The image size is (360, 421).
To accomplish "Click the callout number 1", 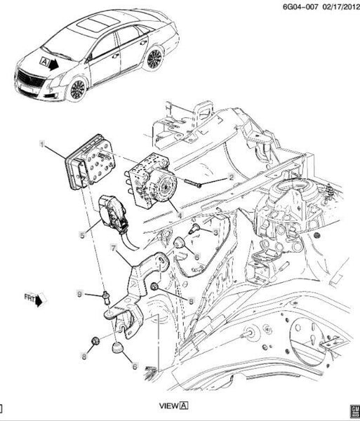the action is click(x=41, y=145).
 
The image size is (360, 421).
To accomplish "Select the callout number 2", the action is click(x=231, y=177).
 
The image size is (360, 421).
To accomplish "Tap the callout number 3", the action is click(x=215, y=232).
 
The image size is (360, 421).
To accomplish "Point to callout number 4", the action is click(x=180, y=215).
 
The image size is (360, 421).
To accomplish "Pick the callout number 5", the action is click(x=82, y=236).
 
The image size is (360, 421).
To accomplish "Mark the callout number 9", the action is click(x=79, y=294).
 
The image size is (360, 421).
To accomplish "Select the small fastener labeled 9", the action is click(x=106, y=298).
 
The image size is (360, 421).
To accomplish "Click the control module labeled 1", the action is click(x=90, y=161).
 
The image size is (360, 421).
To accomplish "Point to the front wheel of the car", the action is click(x=77, y=90).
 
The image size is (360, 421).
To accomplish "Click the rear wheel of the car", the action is click(x=154, y=59).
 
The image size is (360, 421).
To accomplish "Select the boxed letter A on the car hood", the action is click(x=44, y=62).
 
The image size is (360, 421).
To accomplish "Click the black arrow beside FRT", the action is click(x=39, y=300).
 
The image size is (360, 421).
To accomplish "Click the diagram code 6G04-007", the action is click(x=300, y=6).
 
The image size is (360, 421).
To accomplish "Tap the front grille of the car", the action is click(x=30, y=79).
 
